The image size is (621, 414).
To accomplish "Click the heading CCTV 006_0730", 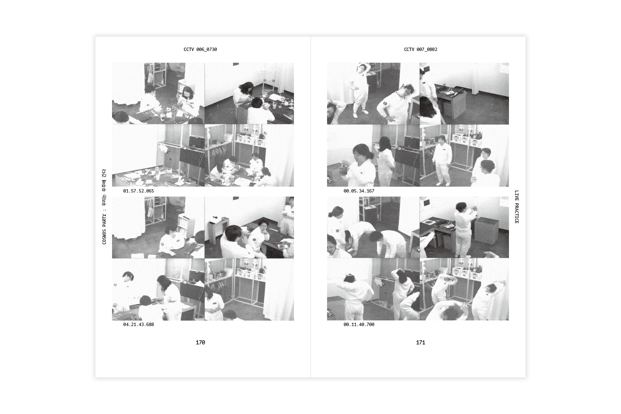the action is (x=200, y=49).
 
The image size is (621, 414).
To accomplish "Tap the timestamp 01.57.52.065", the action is (x=138, y=191).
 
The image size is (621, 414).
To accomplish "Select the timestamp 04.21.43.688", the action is (x=138, y=324).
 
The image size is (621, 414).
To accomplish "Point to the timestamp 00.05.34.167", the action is (x=359, y=191).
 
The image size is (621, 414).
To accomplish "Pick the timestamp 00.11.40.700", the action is (x=359, y=324).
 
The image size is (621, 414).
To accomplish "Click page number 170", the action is (x=200, y=342).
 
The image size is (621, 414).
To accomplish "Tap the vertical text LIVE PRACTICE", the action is (x=517, y=207).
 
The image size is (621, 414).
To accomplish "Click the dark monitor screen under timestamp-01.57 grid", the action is (x=192, y=157).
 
